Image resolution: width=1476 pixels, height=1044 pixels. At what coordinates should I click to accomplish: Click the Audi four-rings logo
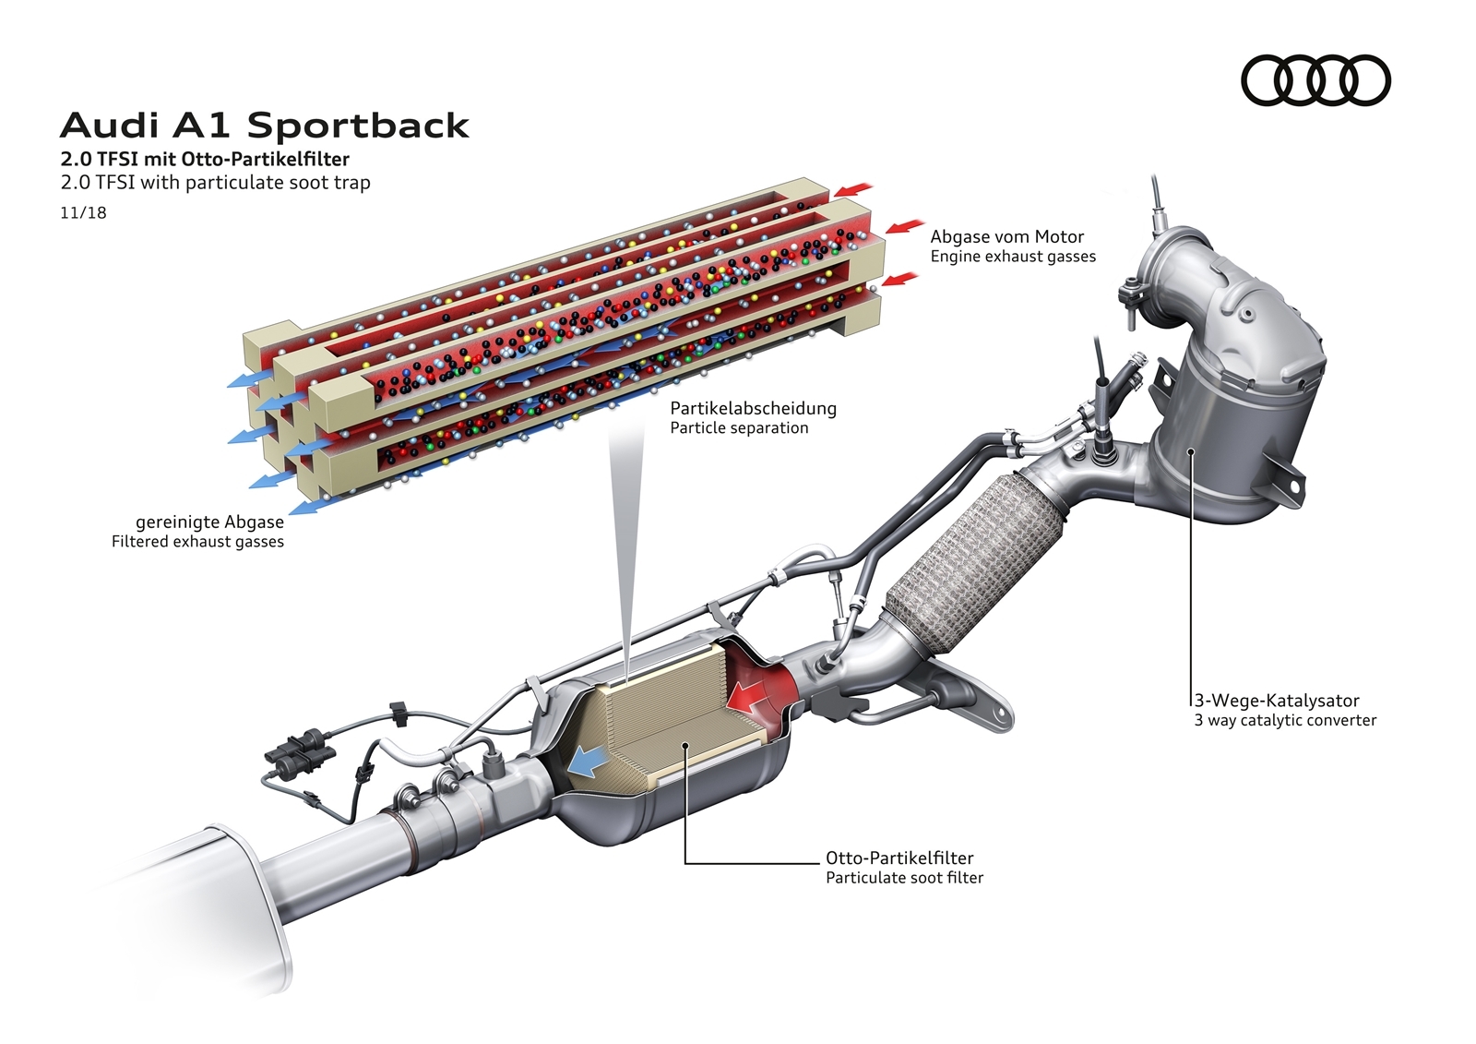[1315, 79]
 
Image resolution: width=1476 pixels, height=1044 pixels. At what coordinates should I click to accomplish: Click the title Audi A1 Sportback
[265, 126]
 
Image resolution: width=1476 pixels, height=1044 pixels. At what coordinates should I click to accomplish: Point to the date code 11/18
[84, 212]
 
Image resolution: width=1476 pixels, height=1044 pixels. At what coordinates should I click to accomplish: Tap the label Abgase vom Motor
[1006, 236]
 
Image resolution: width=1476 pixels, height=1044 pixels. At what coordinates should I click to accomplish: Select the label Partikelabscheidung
[753, 408]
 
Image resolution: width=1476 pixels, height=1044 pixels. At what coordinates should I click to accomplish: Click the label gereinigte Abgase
[209, 522]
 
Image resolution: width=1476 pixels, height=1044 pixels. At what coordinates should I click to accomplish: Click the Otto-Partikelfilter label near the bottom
[899, 858]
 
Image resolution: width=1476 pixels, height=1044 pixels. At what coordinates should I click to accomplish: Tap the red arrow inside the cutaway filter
[752, 694]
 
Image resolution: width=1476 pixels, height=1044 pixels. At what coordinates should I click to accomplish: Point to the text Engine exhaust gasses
[1013, 257]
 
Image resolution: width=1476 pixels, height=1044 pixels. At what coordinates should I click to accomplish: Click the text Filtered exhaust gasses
[197, 542]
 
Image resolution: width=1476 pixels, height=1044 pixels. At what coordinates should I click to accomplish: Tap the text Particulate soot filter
[904, 878]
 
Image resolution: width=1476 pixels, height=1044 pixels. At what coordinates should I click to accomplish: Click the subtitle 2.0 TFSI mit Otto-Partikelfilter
[205, 159]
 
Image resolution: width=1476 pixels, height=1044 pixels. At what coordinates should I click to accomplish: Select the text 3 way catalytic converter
[1285, 720]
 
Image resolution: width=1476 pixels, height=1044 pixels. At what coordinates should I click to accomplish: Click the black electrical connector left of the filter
[298, 743]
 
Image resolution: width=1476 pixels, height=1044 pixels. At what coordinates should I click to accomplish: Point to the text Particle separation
[739, 428]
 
